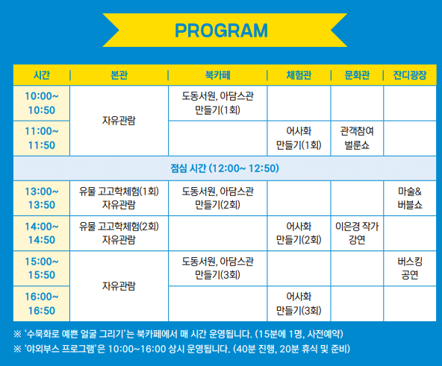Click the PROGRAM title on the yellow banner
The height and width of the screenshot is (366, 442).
pos(220,31)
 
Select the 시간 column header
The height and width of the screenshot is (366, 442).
pos(42,75)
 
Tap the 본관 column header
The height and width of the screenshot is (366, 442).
pos(119,75)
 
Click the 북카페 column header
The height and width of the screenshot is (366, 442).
pos(217,75)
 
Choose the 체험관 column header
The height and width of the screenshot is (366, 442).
pos(299,75)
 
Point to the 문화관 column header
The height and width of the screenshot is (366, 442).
pos(357,75)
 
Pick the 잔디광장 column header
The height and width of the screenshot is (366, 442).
pos(410,75)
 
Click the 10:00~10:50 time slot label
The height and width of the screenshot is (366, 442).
pos(42,104)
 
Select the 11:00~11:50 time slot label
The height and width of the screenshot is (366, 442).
pos(42,138)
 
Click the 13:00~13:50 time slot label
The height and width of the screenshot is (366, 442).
pos(42,198)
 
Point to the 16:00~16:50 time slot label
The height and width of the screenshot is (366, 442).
pos(42,303)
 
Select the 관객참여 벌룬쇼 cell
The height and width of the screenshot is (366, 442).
pos(357,138)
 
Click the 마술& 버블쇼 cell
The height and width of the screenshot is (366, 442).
pos(410,198)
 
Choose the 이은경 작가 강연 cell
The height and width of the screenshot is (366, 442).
pos(357,233)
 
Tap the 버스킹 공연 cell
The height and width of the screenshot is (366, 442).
pos(410,268)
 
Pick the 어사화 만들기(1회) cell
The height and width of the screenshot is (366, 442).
pos(299,138)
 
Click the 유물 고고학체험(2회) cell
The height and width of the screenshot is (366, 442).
pos(119,233)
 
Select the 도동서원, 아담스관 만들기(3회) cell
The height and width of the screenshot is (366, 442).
pos(217,268)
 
